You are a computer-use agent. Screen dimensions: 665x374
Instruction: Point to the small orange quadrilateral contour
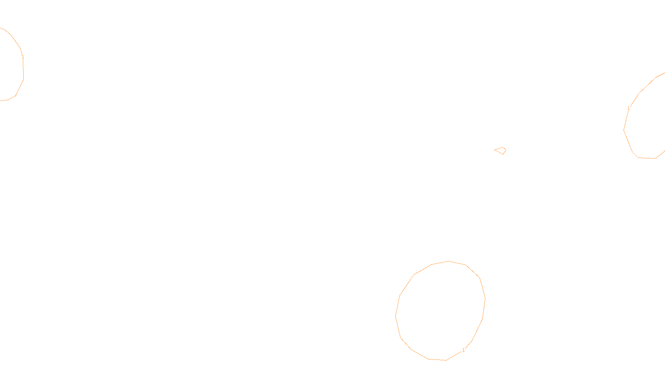pyautogui.click(x=500, y=150)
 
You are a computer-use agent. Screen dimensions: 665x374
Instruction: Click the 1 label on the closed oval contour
pyautogui.click(x=463, y=350)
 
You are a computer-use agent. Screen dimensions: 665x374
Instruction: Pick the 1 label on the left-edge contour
pyautogui.click(x=23, y=58)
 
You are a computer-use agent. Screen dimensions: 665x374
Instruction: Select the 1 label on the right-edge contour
pyautogui.click(x=628, y=108)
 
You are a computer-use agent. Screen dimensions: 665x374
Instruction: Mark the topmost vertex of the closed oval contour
pyautogui.click(x=449, y=261)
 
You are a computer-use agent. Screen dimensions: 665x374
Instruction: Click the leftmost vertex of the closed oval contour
pyautogui.click(x=396, y=316)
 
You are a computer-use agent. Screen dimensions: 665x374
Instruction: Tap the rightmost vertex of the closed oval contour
pyautogui.click(x=485, y=299)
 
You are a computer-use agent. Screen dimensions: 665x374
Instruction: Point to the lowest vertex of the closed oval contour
pyautogui.click(x=446, y=360)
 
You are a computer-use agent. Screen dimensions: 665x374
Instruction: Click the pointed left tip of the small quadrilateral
pyautogui.click(x=495, y=150)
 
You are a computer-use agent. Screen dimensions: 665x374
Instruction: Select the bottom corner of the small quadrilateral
pyautogui.click(x=504, y=154)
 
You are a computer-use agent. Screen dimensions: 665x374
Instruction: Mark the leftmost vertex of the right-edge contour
pyautogui.click(x=624, y=130)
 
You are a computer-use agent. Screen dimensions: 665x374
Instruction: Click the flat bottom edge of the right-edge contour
pyautogui.click(x=647, y=158)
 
